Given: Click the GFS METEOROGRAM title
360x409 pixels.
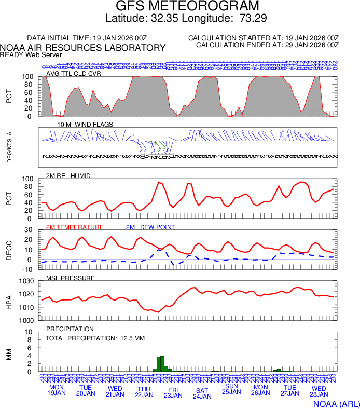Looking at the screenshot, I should [179, 7].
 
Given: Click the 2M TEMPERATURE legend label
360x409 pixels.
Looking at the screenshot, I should [75, 227].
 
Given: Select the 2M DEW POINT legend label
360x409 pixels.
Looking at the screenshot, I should [150, 227].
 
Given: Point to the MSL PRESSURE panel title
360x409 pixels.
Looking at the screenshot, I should [71, 278].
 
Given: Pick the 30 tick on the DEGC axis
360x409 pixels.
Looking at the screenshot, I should [29, 230].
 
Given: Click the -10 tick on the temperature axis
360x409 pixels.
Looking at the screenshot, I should [27, 269].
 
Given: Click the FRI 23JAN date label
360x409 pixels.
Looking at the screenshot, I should [173, 392].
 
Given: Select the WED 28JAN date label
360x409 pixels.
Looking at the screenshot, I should [319, 390].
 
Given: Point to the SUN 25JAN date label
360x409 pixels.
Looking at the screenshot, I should [231, 389].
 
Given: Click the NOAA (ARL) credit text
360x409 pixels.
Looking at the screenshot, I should [336, 403].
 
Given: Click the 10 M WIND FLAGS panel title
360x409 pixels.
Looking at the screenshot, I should [85, 125].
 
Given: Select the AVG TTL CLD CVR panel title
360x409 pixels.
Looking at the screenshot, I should [74, 73].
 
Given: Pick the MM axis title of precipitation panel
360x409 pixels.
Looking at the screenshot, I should [9, 354].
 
